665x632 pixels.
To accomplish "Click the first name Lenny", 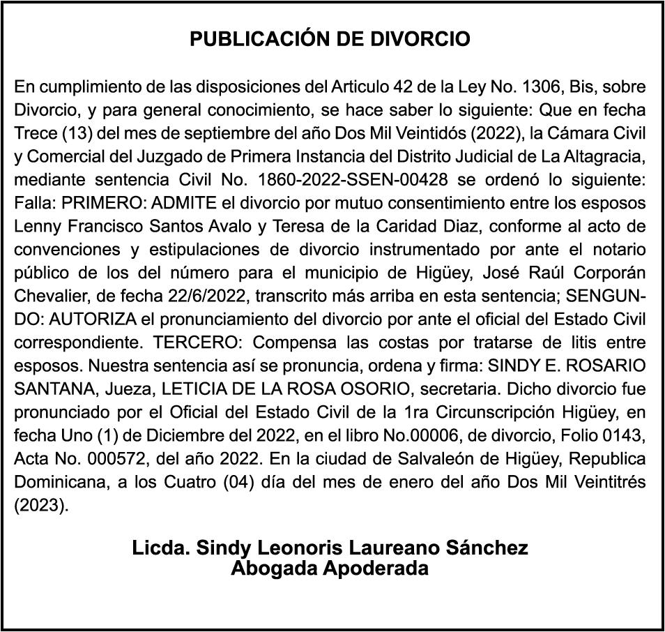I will point(34,226).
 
